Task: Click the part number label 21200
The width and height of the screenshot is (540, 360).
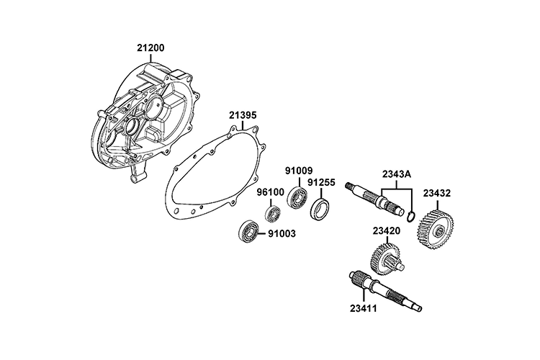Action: (x=150, y=48)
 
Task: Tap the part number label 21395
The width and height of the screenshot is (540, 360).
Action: (x=243, y=115)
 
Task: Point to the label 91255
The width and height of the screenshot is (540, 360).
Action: (x=321, y=183)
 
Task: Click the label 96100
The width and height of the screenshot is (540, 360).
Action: (x=271, y=193)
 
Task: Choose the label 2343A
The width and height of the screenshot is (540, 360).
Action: (x=396, y=174)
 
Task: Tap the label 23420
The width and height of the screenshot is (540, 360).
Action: (x=387, y=231)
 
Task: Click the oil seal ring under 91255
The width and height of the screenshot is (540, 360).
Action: (x=320, y=210)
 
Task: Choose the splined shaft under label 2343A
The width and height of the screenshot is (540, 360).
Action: (x=374, y=199)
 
